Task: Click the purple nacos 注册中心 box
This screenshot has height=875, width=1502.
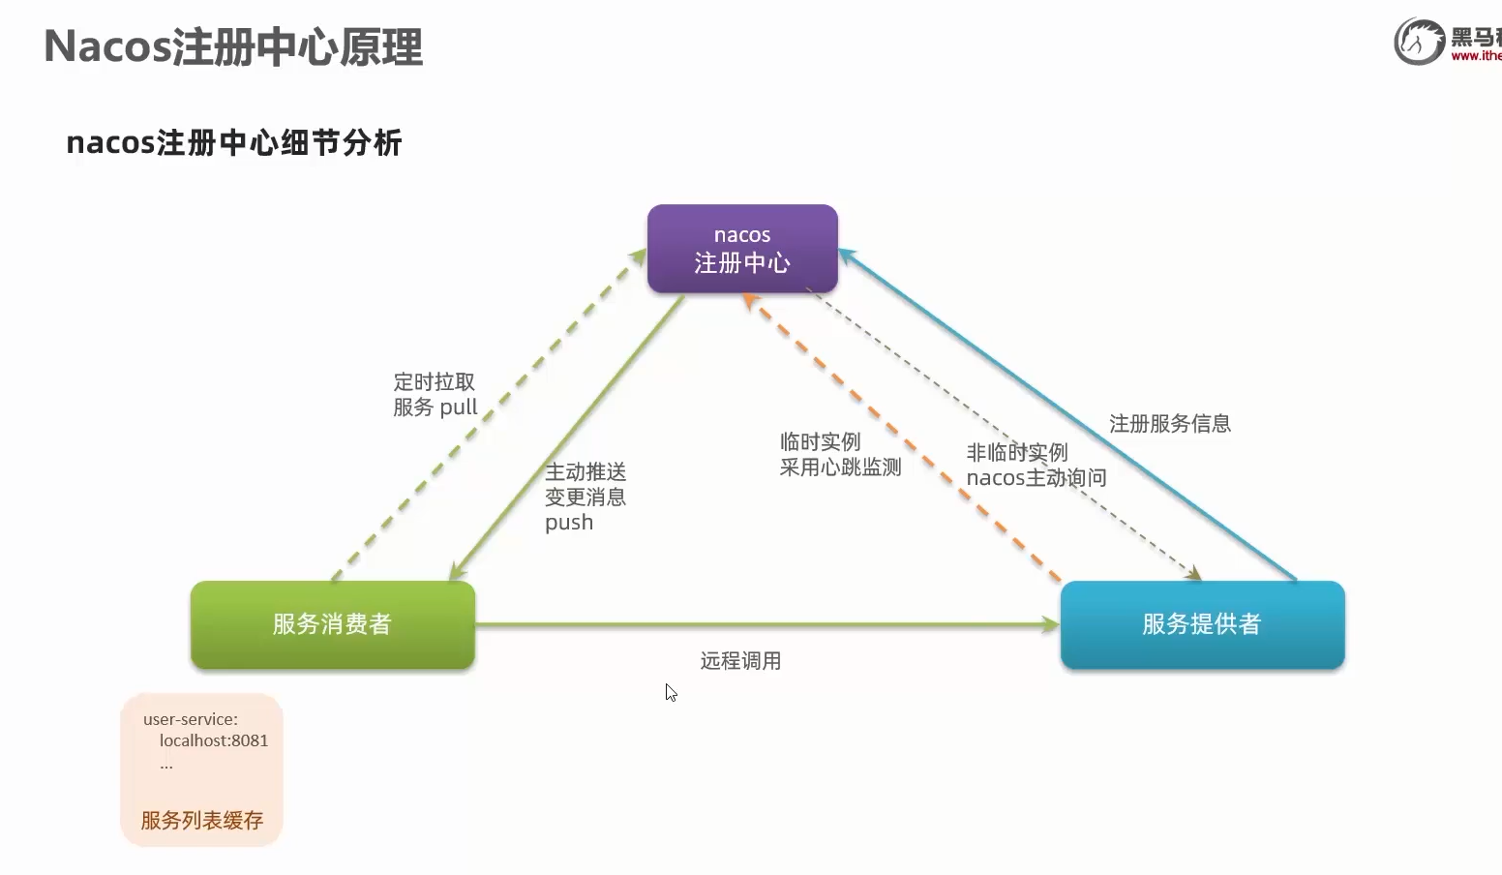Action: tap(742, 249)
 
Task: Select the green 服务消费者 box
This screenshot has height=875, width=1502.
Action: tap(332, 624)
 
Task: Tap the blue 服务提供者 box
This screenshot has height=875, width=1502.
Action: tap(1202, 624)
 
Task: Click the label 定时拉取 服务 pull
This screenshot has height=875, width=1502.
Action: tap(435, 395)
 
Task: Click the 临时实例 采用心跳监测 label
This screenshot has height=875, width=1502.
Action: tap(839, 455)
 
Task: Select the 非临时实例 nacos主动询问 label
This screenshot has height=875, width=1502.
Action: tap(1035, 466)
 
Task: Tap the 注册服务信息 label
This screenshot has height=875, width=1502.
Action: tap(1169, 424)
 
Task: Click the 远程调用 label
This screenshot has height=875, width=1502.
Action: tap(740, 661)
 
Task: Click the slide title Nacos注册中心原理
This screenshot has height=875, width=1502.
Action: tap(233, 47)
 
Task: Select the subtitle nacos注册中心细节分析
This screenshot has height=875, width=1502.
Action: tap(233, 143)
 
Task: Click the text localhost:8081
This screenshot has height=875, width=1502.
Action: tap(213, 740)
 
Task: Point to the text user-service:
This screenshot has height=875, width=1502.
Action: tap(190, 719)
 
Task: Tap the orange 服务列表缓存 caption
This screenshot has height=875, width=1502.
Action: tap(201, 821)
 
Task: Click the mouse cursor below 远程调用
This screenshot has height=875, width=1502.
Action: tap(671, 692)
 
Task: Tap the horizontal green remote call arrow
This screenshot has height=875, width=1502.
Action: tap(765, 625)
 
